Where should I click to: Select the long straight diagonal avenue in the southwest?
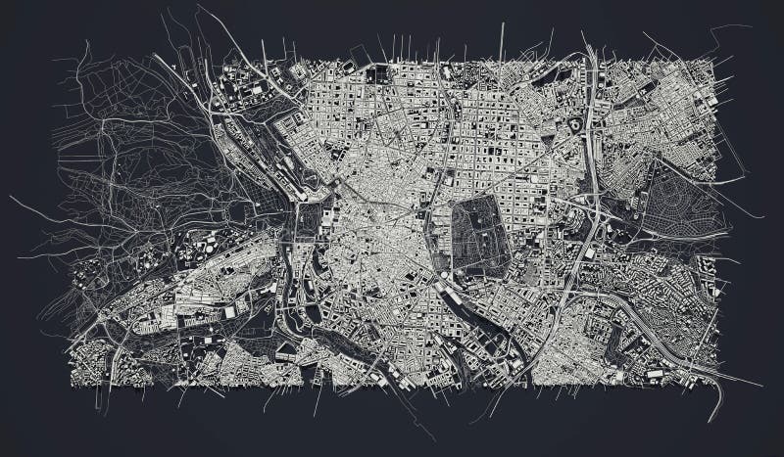[147, 294]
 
